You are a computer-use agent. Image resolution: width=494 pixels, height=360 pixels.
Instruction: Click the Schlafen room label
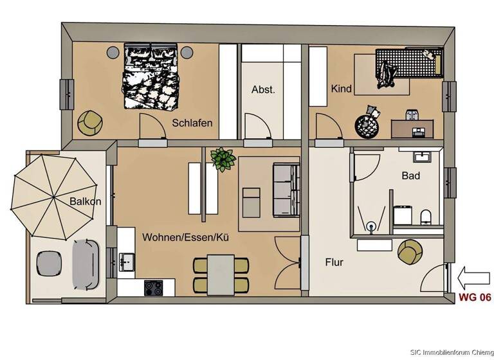pos(192,123)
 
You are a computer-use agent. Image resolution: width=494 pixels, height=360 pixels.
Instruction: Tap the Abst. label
pos(263,90)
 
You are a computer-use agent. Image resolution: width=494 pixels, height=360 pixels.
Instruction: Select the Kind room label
pos(341,89)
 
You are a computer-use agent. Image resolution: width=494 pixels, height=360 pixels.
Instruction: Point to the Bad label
pos(411,175)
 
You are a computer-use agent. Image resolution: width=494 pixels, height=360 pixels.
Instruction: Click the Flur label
pos(334,262)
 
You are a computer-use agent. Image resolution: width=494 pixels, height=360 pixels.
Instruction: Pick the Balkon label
pos(86,202)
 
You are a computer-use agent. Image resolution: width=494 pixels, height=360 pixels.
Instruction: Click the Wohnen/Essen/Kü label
pos(186,238)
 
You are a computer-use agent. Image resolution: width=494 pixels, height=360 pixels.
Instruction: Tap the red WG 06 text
pos(474,298)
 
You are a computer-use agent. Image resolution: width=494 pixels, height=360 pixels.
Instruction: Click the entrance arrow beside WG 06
pos(472,278)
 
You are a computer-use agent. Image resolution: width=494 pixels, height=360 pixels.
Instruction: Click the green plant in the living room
pos(223,159)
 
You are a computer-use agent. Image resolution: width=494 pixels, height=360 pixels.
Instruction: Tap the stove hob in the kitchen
pos(153,287)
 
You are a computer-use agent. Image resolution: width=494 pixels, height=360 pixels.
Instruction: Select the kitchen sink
pos(126,260)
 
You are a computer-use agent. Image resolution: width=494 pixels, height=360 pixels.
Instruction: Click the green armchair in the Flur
pos(410,251)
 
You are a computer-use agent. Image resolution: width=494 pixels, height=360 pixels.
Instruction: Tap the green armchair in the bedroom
pos(89,122)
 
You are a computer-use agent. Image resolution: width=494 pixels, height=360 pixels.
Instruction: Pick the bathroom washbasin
pos(424,156)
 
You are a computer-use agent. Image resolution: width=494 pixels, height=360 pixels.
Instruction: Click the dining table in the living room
pos(221,274)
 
